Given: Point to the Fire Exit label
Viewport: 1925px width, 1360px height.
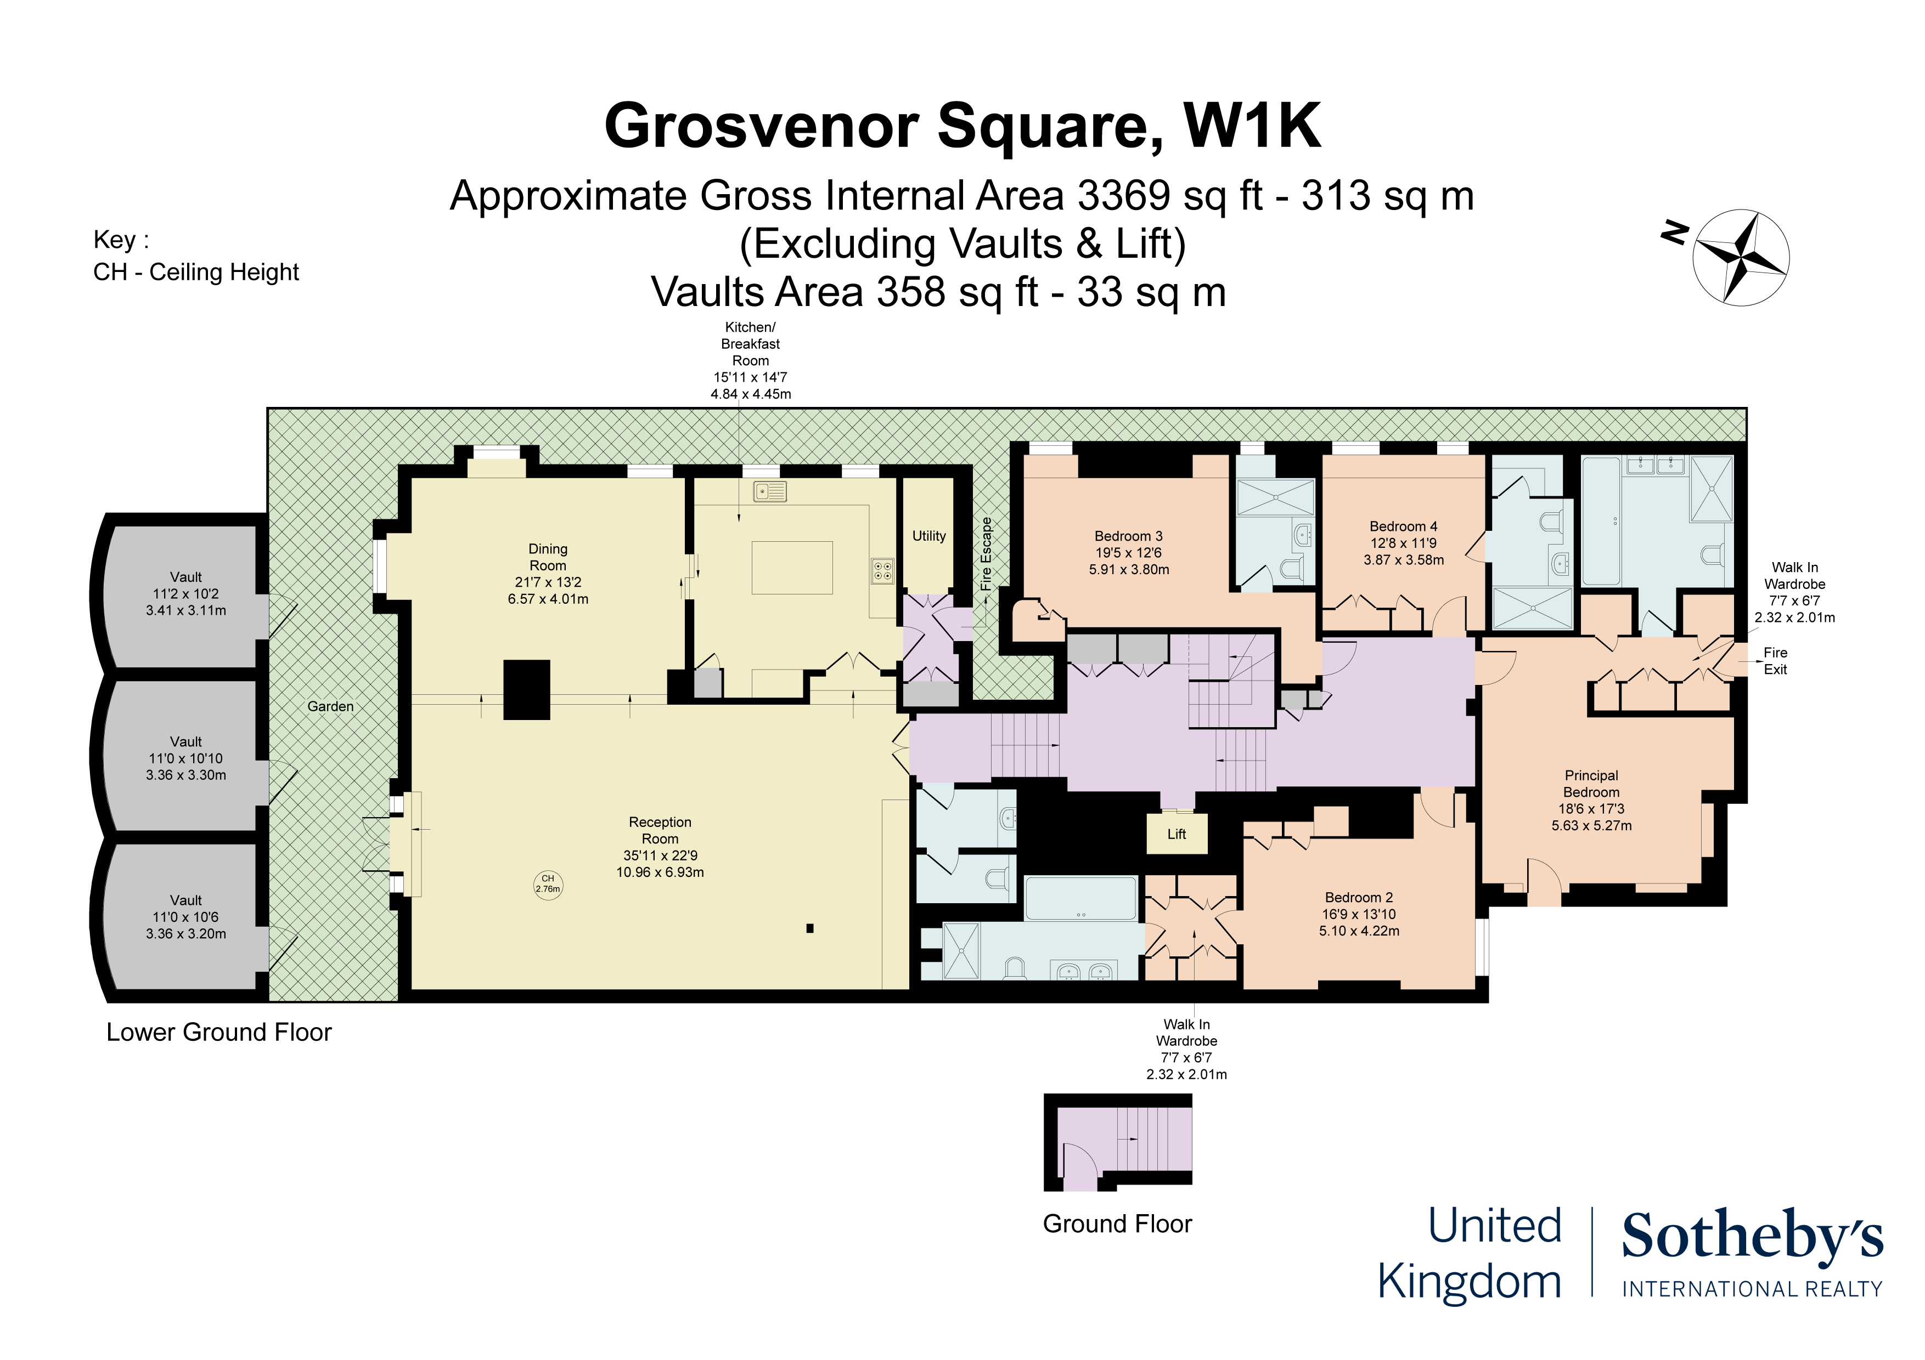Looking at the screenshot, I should click(x=1775, y=661).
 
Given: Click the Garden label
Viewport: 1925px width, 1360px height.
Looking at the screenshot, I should click(x=330, y=706).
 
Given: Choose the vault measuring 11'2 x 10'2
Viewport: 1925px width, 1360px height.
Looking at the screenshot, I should click(x=185, y=593).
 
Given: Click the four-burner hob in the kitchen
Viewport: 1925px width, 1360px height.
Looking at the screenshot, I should click(x=883, y=571).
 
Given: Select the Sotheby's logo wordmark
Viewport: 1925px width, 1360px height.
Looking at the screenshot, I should click(x=1752, y=1236).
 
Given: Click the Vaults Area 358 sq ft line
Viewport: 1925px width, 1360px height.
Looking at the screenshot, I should click(x=938, y=292).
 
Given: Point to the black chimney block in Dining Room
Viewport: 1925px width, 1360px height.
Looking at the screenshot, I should click(x=527, y=690).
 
